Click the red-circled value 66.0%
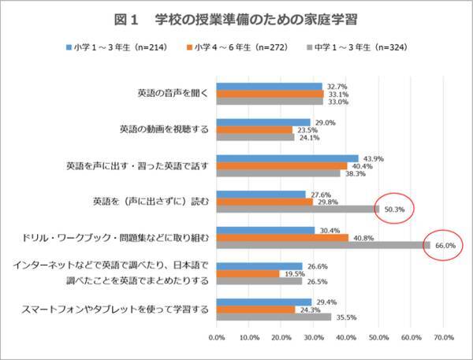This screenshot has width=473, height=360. pos(445,246)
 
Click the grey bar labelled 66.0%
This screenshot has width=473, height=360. pos(323,246)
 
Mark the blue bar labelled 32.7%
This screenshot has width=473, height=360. pos(269,86)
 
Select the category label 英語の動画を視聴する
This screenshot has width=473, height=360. pos(164,129)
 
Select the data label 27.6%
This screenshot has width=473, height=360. pos(317,193)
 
